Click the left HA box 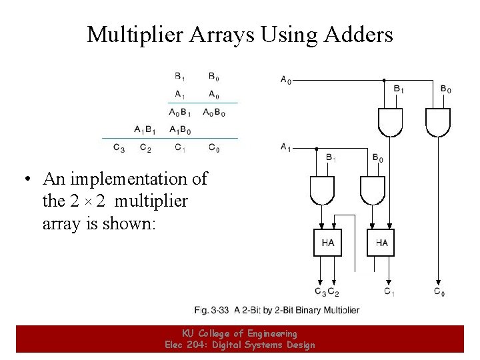[x=327, y=243]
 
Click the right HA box [x=381, y=243]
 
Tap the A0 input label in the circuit [x=285, y=80]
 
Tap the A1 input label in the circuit [x=285, y=147]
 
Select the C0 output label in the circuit [x=439, y=291]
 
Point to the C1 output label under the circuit [x=389, y=291]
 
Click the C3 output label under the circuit [x=320, y=291]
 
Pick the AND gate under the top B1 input [x=391, y=121]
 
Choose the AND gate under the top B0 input [x=438, y=121]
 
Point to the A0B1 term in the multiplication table [x=180, y=112]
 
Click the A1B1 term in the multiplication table [x=145, y=129]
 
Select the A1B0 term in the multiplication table [x=180, y=129]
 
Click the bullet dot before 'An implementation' [x=27, y=180]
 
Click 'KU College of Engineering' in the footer [x=239, y=333]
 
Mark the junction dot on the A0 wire [x=384, y=81]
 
